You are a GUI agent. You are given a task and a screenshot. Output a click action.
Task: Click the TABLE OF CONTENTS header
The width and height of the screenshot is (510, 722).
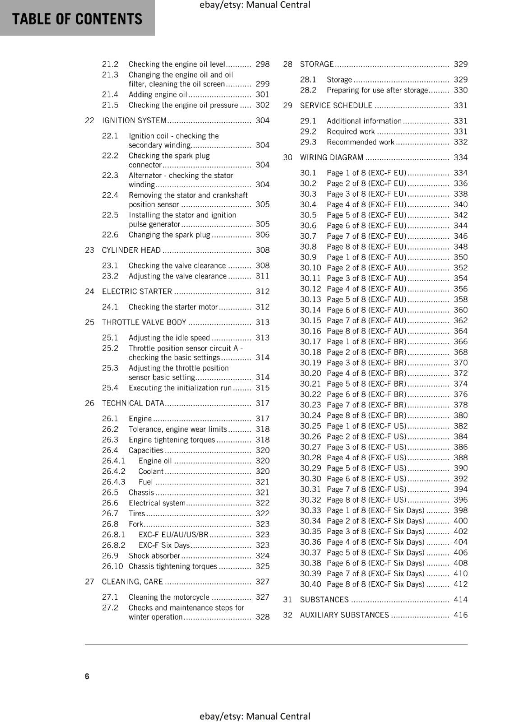point(77,19)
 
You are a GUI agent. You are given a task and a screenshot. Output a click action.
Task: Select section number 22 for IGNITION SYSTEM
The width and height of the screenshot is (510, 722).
point(89,120)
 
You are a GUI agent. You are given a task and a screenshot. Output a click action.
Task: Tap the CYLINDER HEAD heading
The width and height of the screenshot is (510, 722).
point(131,250)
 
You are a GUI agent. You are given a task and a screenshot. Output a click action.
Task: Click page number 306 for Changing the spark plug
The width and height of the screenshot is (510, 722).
point(262,235)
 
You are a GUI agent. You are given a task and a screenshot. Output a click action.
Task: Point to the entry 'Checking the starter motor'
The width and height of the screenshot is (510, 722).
point(173,307)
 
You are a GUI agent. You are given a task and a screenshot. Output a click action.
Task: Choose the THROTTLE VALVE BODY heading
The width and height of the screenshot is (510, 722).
point(144,322)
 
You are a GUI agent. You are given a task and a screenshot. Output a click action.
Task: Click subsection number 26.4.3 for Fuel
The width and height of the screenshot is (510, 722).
point(113,482)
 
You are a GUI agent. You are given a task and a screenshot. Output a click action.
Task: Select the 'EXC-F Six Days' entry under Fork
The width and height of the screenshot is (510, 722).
point(164,545)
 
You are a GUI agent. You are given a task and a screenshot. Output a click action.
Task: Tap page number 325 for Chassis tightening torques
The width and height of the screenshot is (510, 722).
point(262,566)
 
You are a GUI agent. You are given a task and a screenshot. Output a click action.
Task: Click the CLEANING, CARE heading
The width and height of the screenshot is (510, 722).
point(132,582)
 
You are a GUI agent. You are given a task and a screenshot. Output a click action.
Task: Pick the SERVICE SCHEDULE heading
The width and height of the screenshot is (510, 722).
point(336,106)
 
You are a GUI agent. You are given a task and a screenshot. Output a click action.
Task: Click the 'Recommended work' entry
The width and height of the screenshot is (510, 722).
point(361,142)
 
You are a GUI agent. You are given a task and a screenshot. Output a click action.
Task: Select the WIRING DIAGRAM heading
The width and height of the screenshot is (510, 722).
point(332,157)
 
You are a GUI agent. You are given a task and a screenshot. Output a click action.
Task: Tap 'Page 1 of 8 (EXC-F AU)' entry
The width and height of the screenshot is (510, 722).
point(366,257)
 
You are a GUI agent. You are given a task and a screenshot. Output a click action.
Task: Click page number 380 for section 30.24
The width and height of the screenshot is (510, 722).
point(460,416)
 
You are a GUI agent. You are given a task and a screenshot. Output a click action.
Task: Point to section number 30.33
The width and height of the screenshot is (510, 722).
point(311,510)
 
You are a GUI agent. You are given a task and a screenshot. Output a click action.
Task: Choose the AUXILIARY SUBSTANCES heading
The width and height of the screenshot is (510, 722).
point(344,615)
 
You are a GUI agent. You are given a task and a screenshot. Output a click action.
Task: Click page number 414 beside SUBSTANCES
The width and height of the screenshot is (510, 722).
point(460,600)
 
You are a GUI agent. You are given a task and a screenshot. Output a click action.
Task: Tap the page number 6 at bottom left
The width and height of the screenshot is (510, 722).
point(87,676)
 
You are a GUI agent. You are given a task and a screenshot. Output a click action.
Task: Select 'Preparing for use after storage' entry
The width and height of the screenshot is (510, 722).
point(377,90)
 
